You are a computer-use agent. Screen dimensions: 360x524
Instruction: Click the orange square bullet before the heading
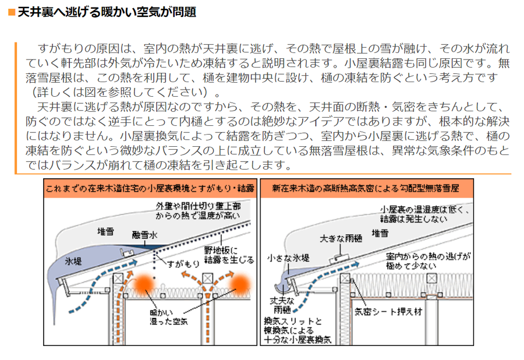10,12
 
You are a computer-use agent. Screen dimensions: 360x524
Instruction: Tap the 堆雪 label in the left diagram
107,231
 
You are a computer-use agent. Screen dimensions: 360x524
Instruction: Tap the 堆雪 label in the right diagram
380,232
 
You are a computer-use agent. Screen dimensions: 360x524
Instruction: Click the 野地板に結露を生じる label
229,255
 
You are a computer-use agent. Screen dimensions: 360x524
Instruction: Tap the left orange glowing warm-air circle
143,284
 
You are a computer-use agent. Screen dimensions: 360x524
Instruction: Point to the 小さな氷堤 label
288,259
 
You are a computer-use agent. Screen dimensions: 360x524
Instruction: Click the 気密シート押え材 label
388,311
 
